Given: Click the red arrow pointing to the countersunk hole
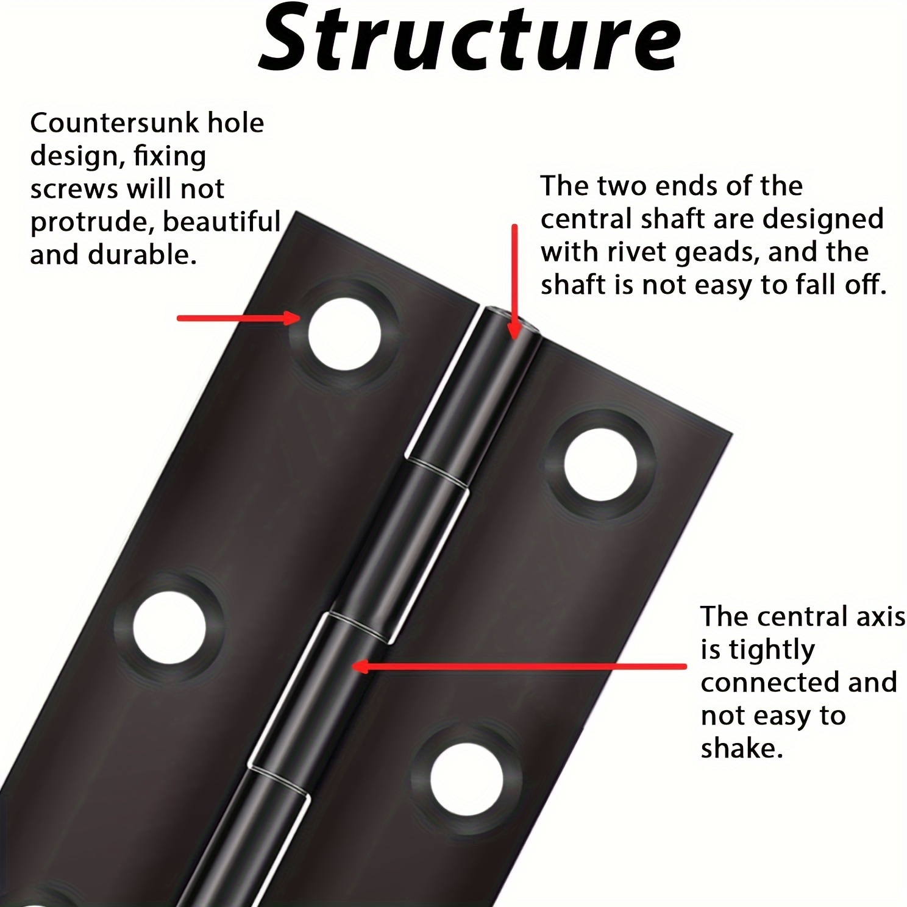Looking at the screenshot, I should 238,318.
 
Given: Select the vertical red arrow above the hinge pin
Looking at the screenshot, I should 514,280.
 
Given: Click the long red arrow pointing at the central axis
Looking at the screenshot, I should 518,667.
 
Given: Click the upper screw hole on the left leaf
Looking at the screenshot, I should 344,334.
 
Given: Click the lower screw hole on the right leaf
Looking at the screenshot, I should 466,781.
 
